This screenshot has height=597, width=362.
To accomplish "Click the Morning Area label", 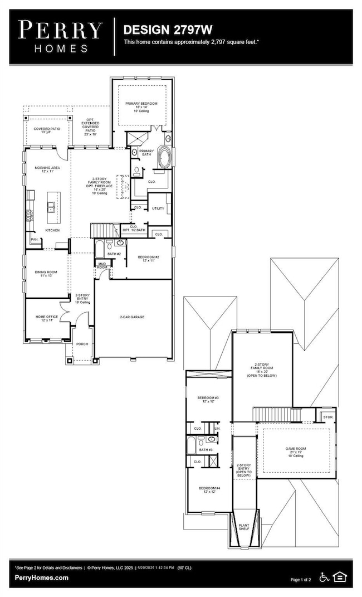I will click(x=47, y=169).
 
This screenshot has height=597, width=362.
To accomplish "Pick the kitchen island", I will click(x=53, y=203).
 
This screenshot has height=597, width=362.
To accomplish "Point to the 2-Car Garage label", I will click(x=132, y=317).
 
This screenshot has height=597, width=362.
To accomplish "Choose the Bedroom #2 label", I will click(x=149, y=258).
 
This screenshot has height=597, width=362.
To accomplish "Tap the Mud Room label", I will click(x=102, y=266).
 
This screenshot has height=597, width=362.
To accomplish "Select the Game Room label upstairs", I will click(x=296, y=450).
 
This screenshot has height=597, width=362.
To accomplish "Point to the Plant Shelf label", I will click(x=244, y=526).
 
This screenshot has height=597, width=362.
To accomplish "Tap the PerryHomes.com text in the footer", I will click(x=42, y=578).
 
